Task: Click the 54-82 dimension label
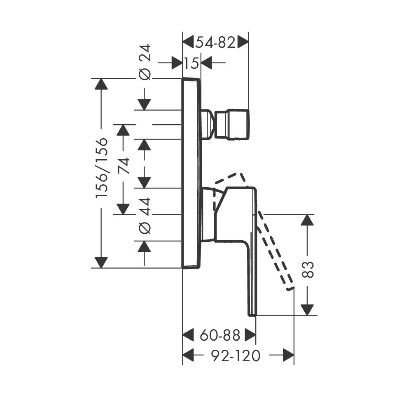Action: point(215,42)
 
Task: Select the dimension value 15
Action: point(191,63)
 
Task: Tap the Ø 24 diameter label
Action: point(145,63)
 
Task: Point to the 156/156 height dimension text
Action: point(102,168)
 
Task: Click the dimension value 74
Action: point(124,166)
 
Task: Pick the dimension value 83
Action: point(308,269)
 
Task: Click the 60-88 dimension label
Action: point(220,335)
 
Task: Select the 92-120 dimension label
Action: point(236,356)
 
